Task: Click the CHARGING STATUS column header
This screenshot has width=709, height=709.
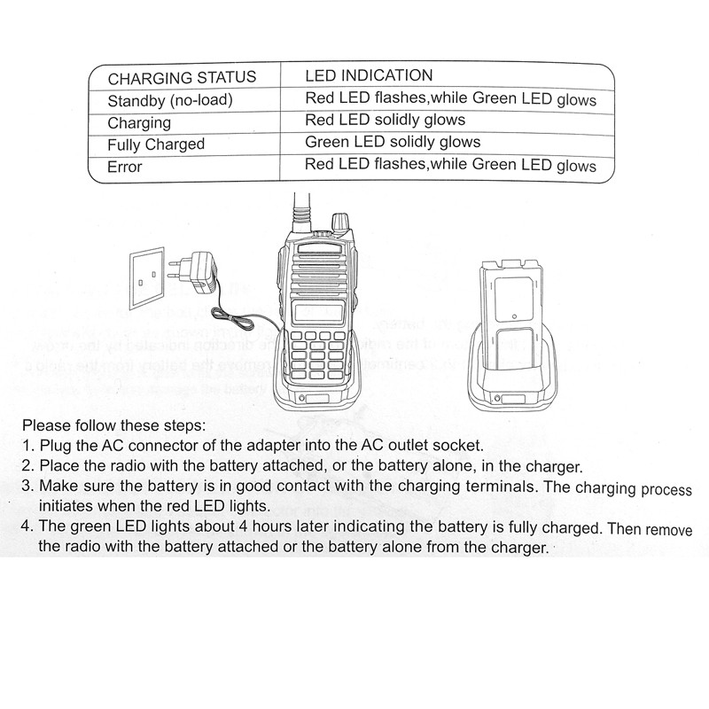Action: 182,77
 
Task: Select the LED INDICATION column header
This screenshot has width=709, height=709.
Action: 369,76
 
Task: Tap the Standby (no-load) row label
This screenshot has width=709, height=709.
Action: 169,99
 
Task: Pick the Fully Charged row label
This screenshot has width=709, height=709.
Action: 155,144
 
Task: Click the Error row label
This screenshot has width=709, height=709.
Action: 124,166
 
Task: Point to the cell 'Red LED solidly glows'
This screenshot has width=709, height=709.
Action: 385,121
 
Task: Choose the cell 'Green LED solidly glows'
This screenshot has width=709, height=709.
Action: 393,142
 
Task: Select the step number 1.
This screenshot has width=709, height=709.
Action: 27,445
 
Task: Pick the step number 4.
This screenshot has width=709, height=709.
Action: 27,527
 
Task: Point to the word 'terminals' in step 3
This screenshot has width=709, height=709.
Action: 503,487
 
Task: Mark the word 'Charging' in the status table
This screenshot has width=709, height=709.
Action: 138,122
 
